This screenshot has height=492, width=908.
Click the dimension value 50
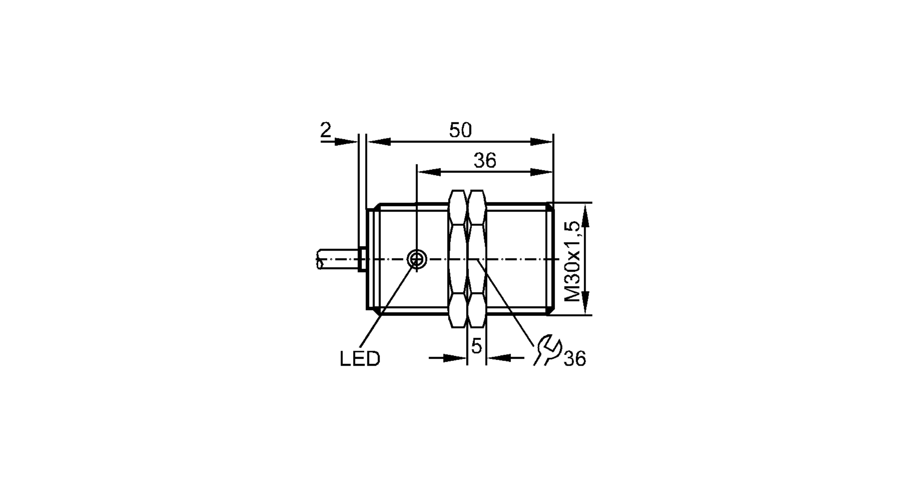coord(460,130)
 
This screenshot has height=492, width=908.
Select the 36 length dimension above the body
coord(485,161)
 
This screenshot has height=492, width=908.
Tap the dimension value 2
coord(326,130)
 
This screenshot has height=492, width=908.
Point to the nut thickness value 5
coord(476,346)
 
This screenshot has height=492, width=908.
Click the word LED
coord(360,359)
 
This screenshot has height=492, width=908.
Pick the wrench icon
coord(547,350)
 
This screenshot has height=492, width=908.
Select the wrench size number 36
coord(575,359)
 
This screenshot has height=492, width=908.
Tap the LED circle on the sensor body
coord(416,259)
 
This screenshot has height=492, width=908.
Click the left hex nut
coord(458,259)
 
